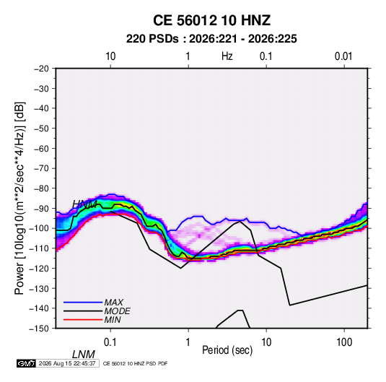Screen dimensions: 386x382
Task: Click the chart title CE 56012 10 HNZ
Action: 211,20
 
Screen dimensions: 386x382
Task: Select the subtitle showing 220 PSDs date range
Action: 211,39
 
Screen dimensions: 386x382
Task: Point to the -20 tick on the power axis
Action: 41,69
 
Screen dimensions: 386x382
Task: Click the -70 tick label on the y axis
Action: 41,168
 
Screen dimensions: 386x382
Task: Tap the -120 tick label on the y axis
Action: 40,268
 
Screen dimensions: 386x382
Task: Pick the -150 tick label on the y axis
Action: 40,329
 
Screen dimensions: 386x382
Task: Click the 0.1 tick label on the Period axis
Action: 110,342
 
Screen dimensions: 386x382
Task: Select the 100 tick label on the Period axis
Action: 344,342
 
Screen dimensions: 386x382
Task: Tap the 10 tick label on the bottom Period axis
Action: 266,342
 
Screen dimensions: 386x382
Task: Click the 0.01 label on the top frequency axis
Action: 343,56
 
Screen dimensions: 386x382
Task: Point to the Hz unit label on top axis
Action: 227,56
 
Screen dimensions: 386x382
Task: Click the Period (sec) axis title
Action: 227,350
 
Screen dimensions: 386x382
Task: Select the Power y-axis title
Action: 19,199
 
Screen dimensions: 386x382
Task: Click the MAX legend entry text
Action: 114,302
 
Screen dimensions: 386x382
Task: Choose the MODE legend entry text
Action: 117,311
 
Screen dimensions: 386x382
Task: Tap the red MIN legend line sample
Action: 83,320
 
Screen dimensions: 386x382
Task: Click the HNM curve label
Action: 84,204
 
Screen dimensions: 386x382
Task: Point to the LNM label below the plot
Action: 84,355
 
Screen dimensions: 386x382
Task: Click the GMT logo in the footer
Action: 27,363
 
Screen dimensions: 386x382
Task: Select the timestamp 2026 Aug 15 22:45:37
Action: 67,363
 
